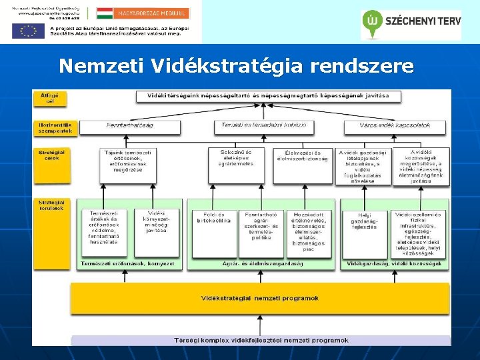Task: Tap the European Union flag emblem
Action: point(28,30)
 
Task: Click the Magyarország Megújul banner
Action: point(143,13)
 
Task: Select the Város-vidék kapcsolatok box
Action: point(394,125)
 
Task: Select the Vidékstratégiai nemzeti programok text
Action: point(260,298)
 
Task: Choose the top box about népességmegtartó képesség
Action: point(269,96)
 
